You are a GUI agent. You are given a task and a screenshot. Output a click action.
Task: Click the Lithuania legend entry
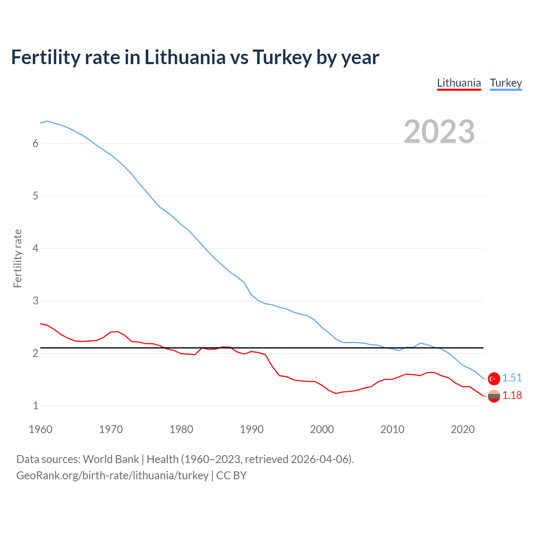pos(459,83)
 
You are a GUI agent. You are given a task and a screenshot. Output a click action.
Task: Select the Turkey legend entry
pos(506,83)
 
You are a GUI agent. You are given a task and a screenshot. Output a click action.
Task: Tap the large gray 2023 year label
pos(439,132)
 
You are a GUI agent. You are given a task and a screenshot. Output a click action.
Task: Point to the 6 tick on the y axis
pos(35,144)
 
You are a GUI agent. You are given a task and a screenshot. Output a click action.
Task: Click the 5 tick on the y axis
pos(35,196)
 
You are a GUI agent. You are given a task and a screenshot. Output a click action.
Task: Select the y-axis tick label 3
pos(35,301)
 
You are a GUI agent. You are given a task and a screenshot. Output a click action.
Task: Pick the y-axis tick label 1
pos(35,406)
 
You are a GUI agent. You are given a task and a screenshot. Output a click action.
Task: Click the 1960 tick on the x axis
pos(40,429)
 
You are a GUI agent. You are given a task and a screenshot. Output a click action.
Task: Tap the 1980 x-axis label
pos(181,429)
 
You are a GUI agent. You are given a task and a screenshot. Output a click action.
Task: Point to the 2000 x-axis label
pos(322,429)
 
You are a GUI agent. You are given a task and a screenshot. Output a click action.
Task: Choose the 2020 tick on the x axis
pos(463,429)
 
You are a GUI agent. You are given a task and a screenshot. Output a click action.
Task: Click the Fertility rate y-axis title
pos(17,258)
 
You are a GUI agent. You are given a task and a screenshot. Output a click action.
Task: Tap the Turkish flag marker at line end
pos(494,378)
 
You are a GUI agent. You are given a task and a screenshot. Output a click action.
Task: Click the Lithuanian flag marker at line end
pos(494,396)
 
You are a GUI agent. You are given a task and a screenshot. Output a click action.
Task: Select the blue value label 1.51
pos(512,378)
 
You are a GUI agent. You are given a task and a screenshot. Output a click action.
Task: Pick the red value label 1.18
pos(512,395)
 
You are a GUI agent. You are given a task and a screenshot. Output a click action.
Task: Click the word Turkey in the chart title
pos(282,57)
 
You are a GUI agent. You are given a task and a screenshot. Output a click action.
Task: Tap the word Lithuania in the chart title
pos(185,57)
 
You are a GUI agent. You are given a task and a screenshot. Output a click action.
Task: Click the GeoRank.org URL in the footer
pos(112,476)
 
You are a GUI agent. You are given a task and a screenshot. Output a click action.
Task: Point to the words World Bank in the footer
pos(111,459)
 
